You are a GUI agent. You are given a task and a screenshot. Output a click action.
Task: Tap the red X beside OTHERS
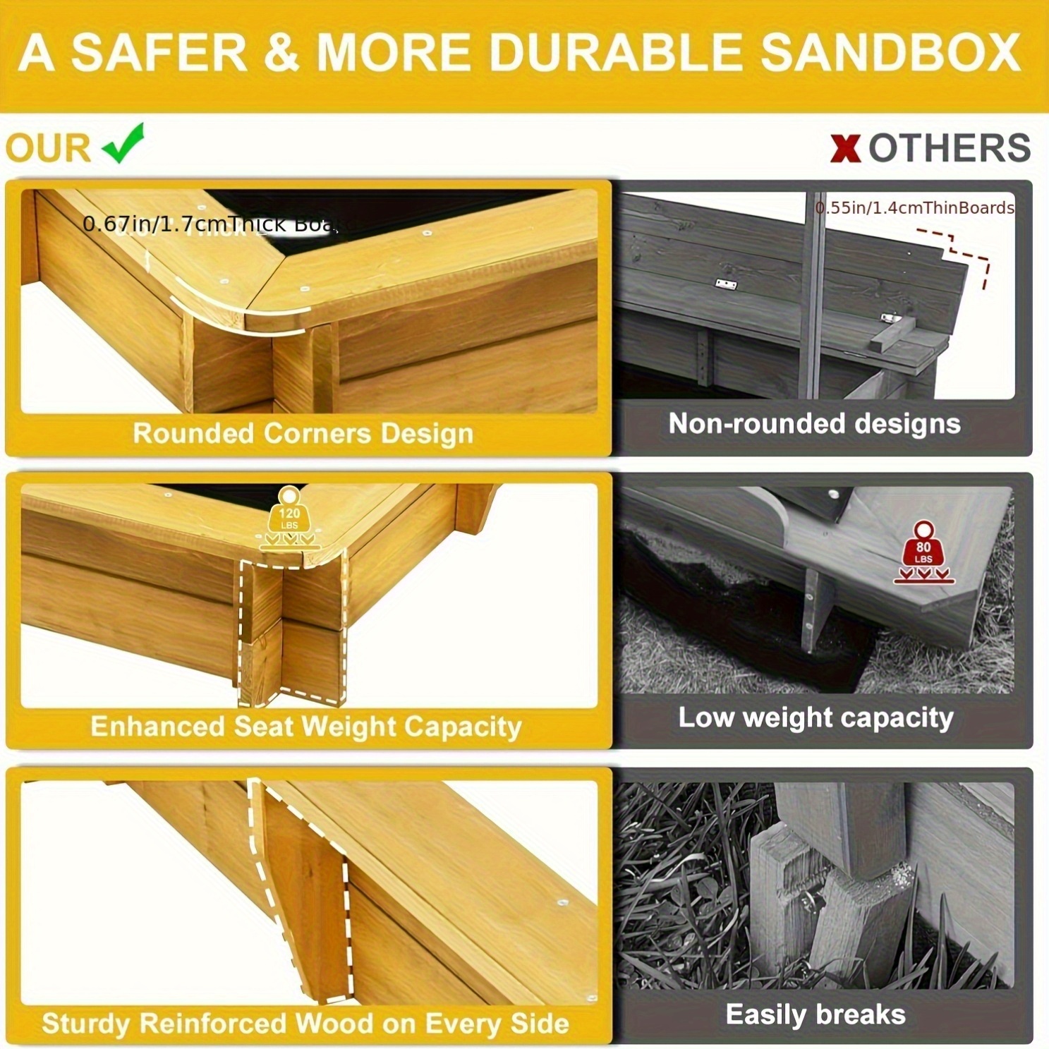coord(845,148)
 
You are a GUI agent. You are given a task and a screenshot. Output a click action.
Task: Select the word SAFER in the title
coord(159,52)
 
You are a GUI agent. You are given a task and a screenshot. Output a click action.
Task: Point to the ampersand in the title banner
coord(282,52)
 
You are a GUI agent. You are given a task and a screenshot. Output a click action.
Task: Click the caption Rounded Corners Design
coord(303,433)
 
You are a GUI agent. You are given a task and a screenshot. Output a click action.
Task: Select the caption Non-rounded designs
coord(814,423)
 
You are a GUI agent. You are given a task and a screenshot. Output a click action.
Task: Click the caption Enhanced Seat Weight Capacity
coord(305,726)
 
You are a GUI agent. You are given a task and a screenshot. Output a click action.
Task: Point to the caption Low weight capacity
coord(815,717)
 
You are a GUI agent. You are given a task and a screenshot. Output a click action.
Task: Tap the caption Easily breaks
coord(815,1014)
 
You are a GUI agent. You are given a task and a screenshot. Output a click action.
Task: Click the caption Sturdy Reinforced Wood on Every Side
coord(305,1023)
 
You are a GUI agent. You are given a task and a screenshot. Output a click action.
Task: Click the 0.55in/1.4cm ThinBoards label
coord(914,207)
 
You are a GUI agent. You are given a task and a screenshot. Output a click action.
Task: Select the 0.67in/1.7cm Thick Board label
coord(210,224)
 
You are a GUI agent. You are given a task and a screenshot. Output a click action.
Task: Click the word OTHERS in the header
coord(949,148)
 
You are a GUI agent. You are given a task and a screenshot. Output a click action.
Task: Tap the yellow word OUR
coord(48,148)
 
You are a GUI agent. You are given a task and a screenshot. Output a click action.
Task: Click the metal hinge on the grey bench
coord(726,284)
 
